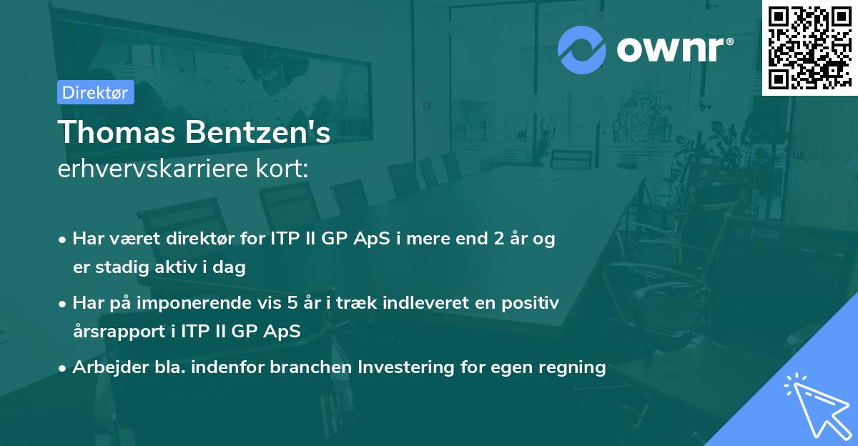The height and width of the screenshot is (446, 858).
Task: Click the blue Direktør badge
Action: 96,92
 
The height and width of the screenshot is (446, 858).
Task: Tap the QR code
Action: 810,47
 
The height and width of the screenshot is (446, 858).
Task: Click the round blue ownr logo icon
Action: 581,50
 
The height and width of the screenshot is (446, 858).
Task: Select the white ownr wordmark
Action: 675,49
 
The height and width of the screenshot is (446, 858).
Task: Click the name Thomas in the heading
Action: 117,132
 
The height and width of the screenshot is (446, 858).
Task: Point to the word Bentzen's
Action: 258,132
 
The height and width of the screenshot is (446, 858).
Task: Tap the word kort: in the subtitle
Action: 282,169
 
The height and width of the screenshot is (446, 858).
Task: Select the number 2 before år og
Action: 499,239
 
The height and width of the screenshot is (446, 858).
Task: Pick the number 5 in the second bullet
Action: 292,303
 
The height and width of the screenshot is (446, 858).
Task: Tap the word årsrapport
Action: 119,332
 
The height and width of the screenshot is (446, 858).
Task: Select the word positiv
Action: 530,304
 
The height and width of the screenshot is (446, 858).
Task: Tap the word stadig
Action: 122,267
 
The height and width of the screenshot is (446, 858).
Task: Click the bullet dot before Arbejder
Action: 62,368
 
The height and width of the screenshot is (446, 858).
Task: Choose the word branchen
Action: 311,367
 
